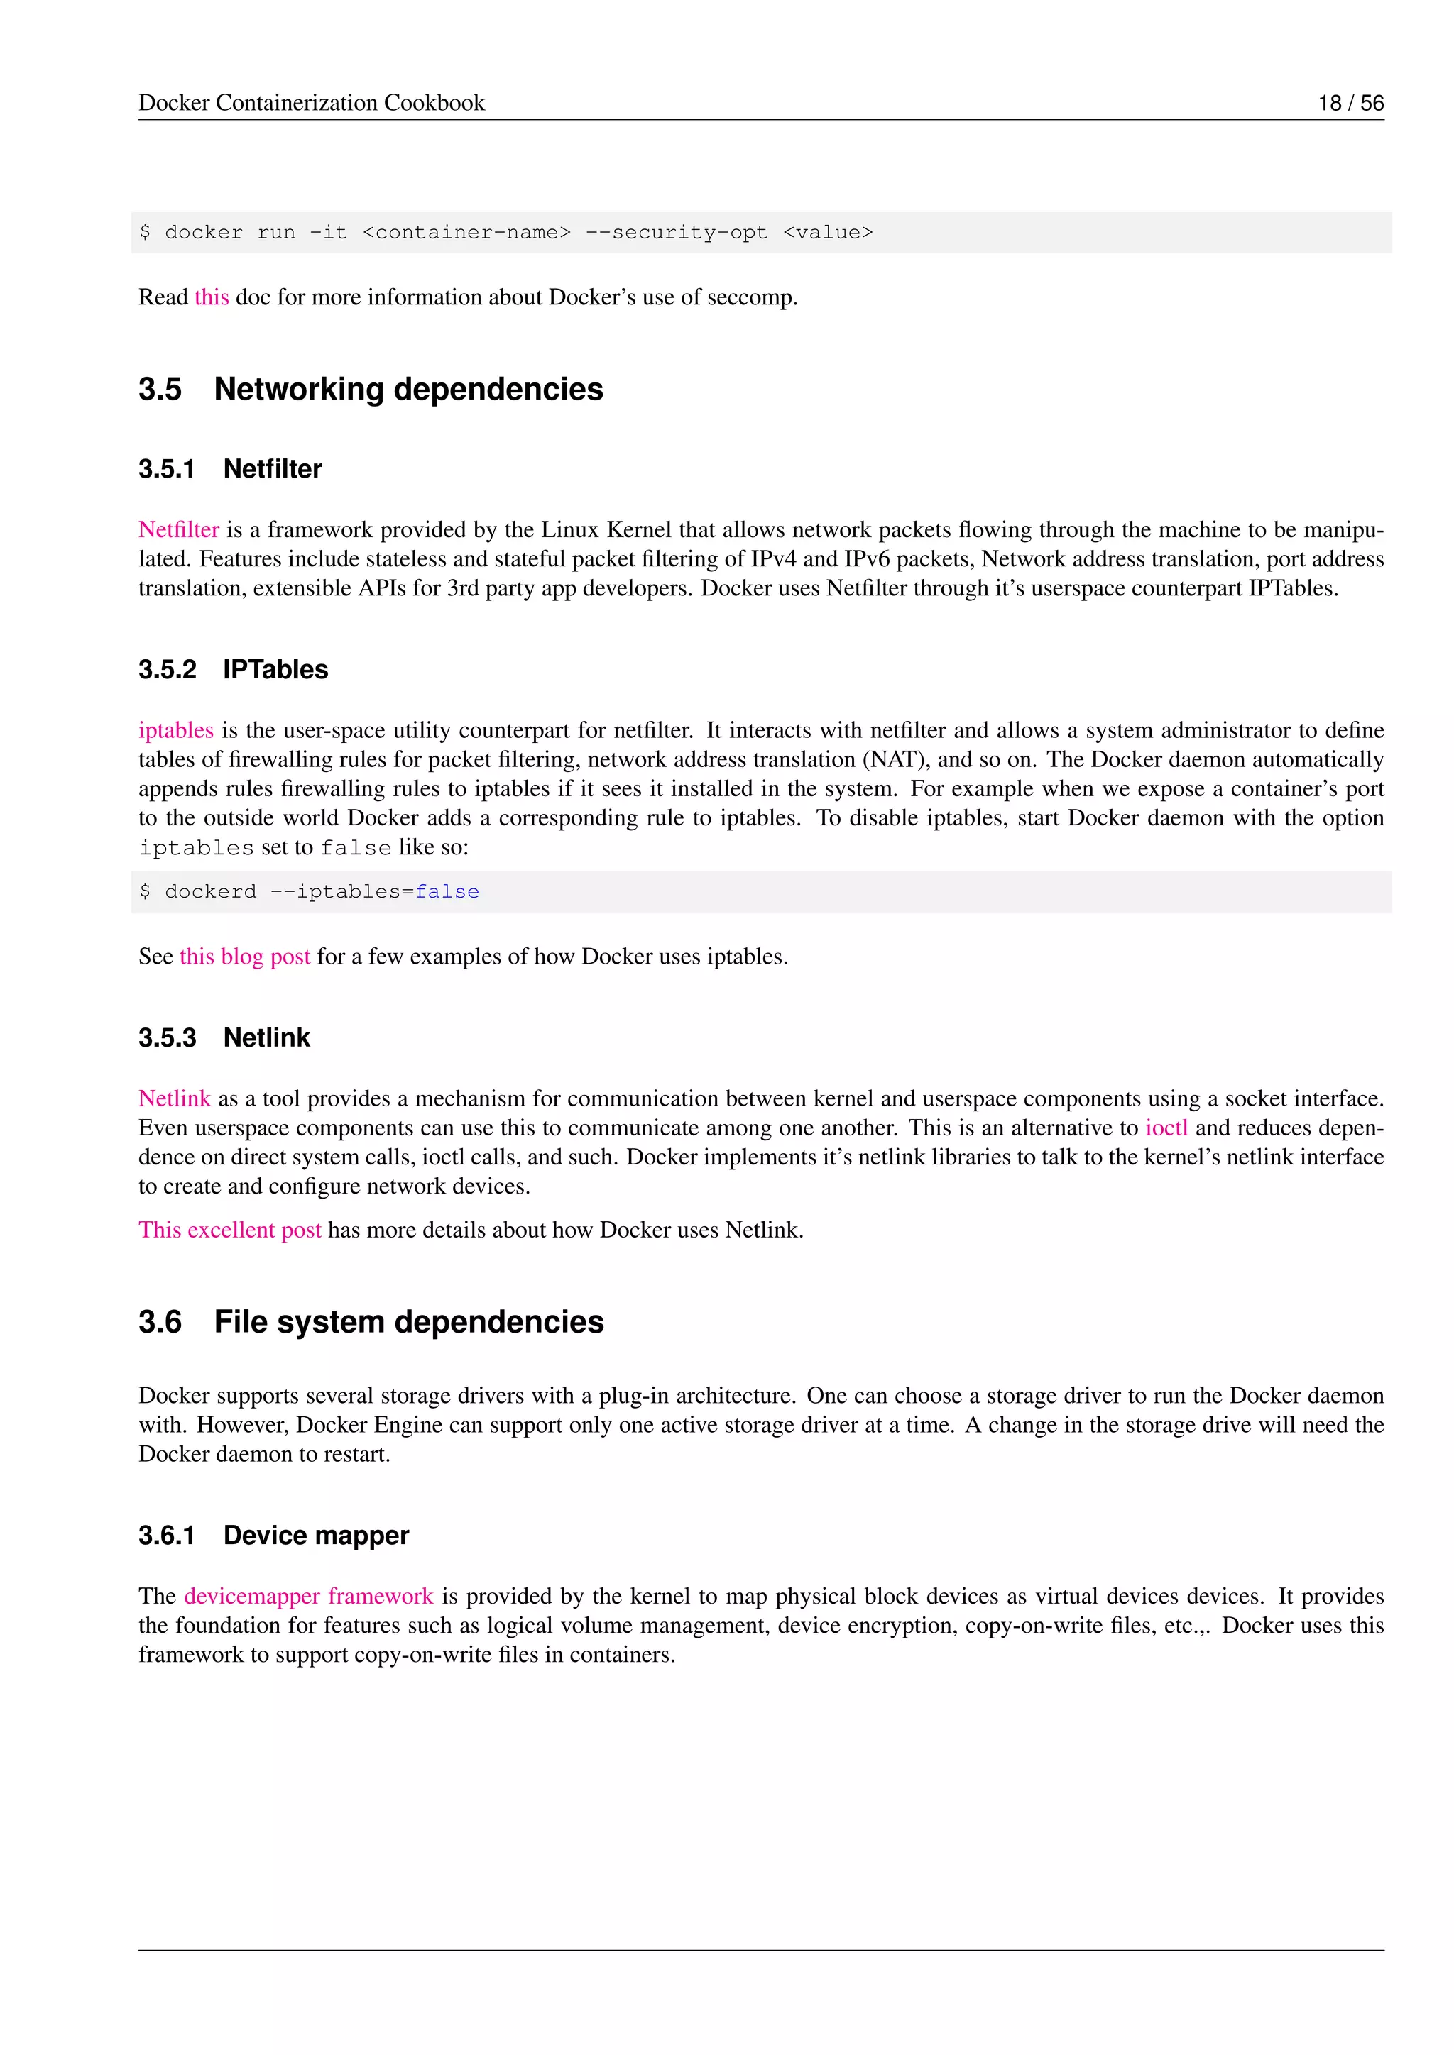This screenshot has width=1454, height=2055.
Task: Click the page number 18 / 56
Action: [x=1350, y=103]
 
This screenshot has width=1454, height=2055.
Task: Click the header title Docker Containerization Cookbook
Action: [x=312, y=103]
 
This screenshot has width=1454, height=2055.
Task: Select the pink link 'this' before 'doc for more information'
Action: [x=212, y=297]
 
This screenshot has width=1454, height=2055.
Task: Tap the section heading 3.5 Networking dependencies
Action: [x=371, y=390]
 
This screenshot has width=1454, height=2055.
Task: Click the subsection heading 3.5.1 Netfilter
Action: [x=230, y=469]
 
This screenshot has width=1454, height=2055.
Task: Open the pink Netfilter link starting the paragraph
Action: [x=179, y=530]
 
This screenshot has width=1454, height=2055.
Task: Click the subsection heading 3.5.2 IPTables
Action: [x=233, y=669]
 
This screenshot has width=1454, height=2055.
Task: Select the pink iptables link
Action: [x=175, y=730]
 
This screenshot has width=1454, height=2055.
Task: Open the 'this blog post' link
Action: [x=244, y=957]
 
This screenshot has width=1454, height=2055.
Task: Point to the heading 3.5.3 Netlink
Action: [x=224, y=1037]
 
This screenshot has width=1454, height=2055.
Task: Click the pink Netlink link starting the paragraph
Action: [x=175, y=1099]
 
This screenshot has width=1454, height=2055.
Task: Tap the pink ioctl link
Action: [x=1166, y=1128]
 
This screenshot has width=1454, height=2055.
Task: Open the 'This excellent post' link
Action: [x=229, y=1230]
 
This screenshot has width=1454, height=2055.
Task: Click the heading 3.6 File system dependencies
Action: [x=371, y=1322]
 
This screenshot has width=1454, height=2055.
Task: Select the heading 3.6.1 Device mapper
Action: [x=273, y=1535]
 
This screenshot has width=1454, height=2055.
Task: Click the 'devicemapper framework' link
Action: [x=308, y=1596]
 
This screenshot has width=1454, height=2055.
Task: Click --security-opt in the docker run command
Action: [x=676, y=233]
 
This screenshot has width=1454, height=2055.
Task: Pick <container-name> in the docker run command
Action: [x=466, y=233]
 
